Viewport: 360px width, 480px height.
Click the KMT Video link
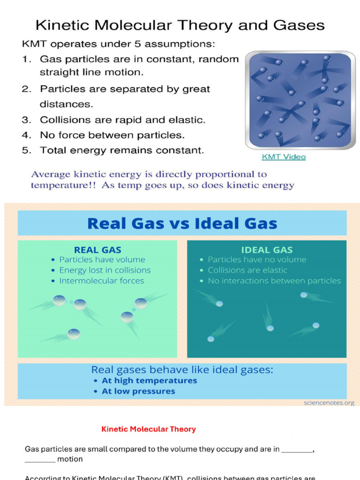pyautogui.click(x=284, y=157)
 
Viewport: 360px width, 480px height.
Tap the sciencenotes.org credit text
pyautogui.click(x=329, y=403)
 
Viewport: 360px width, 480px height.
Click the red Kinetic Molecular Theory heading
pyautogui.click(x=149, y=429)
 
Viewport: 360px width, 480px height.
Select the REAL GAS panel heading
pyautogui.click(x=97, y=250)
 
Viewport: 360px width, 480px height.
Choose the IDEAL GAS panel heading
pyautogui.click(x=267, y=250)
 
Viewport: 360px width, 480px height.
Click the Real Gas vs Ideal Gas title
pyautogui.click(x=182, y=223)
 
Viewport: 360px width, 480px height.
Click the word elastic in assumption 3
pyautogui.click(x=188, y=120)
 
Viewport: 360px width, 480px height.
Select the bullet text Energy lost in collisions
pyautogui.click(x=105, y=270)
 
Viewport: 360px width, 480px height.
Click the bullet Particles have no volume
pyautogui.click(x=257, y=259)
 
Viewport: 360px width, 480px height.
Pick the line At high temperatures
pyautogui.click(x=150, y=381)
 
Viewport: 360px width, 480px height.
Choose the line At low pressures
pyautogui.click(x=138, y=391)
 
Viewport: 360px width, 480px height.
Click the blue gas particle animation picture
pyautogui.click(x=300, y=100)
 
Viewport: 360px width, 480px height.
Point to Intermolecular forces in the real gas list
pyautogui.click(x=101, y=281)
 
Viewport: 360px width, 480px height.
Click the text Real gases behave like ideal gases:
pyautogui.click(x=182, y=369)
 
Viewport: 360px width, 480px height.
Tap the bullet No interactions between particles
pyautogui.click(x=274, y=281)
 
